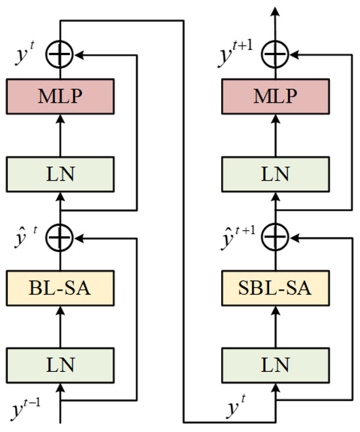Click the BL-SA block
tap(60, 286)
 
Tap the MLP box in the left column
tap(60, 98)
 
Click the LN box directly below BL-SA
tap(60, 362)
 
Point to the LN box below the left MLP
tap(60, 173)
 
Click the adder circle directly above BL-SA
tap(60, 234)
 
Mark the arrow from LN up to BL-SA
tap(60, 324)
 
